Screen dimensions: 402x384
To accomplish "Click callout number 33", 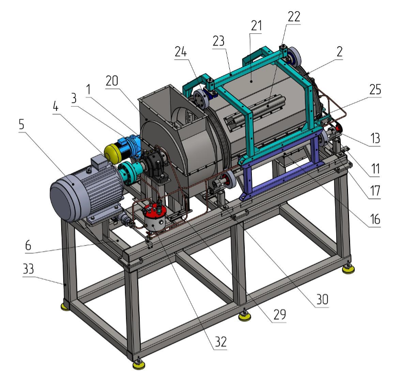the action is (x=28, y=269).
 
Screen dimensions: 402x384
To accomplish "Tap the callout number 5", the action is (x=22, y=124).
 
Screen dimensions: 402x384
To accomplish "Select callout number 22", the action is (x=294, y=16).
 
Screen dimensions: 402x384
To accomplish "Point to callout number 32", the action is (x=221, y=341).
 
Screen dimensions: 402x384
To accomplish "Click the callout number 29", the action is (x=280, y=314).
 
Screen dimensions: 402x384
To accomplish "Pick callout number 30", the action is (x=322, y=299).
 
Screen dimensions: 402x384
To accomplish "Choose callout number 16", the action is (x=375, y=219).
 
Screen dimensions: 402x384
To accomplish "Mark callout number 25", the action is (x=375, y=89).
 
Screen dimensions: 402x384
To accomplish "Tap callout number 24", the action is (x=181, y=52).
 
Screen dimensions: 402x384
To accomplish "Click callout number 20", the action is (x=112, y=81).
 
